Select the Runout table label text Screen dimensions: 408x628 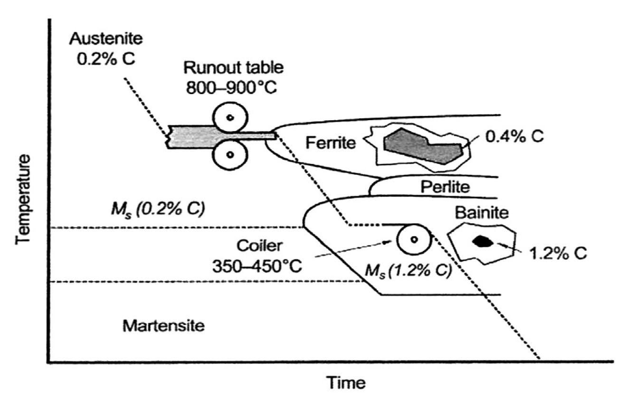(233, 68)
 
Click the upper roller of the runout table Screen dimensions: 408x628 (230, 117)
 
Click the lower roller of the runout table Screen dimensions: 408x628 (230, 154)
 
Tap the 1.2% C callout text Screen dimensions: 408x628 (558, 253)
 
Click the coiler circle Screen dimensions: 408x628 (414, 240)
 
